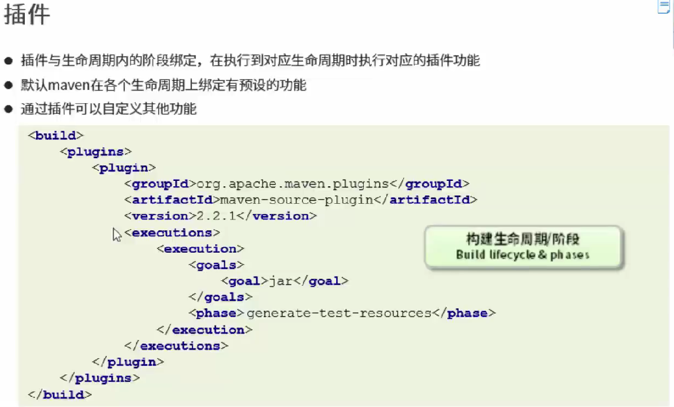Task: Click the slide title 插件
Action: tap(27, 15)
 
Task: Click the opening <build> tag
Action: tap(56, 136)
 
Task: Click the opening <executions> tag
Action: tap(172, 233)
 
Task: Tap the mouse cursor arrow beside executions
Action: tap(116, 235)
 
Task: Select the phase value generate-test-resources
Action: tap(339, 314)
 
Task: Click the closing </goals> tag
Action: tap(220, 297)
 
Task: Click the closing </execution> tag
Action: tap(204, 330)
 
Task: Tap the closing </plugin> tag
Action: tap(128, 362)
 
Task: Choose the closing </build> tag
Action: tap(60, 395)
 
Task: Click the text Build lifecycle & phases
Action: tap(523, 255)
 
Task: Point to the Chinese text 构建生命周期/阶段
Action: tap(523, 239)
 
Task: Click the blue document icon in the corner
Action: tap(664, 7)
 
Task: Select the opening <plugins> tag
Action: tap(96, 152)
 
